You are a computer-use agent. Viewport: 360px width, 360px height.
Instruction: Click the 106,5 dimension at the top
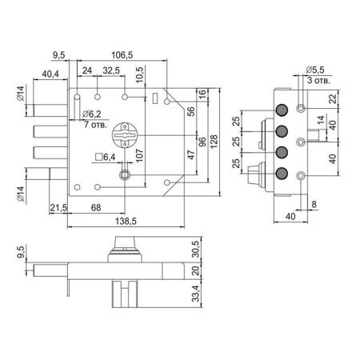[x=122, y=55]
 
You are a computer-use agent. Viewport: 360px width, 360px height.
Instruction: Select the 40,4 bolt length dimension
[x=50, y=74]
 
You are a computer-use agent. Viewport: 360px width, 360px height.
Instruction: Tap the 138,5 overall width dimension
[x=126, y=221]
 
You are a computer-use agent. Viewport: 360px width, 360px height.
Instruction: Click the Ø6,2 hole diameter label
[x=92, y=114]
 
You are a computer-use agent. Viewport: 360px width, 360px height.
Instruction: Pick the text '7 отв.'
[x=95, y=124]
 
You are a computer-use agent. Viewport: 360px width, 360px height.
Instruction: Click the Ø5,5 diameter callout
[x=315, y=70]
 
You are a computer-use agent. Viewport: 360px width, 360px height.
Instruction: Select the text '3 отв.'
[x=318, y=80]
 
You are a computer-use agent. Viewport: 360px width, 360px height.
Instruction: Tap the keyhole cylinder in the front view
[x=125, y=135]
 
